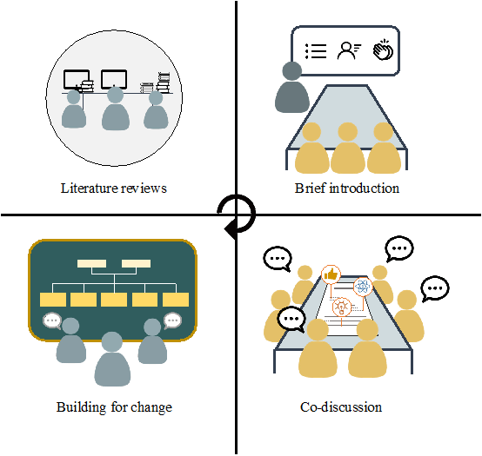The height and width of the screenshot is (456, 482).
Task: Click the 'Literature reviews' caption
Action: tap(114, 188)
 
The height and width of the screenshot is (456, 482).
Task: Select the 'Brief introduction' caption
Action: tap(347, 188)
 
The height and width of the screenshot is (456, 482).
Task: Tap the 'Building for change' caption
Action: tap(114, 406)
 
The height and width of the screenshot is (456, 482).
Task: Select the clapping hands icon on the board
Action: tap(383, 50)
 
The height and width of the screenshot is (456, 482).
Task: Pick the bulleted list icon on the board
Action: tap(316, 50)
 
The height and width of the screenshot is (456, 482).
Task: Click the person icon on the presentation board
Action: tap(349, 50)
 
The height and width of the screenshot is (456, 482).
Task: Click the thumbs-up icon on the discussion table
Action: tap(331, 275)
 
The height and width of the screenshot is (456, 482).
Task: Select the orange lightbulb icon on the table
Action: tap(342, 307)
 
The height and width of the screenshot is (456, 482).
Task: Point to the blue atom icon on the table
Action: tap(363, 286)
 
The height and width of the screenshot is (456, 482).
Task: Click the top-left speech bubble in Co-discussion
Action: tap(278, 258)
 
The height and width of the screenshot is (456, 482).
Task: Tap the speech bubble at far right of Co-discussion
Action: tap(433, 287)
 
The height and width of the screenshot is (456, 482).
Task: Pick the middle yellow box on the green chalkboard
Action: tap(114, 300)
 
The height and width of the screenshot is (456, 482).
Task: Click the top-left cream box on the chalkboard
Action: tap(91, 263)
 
